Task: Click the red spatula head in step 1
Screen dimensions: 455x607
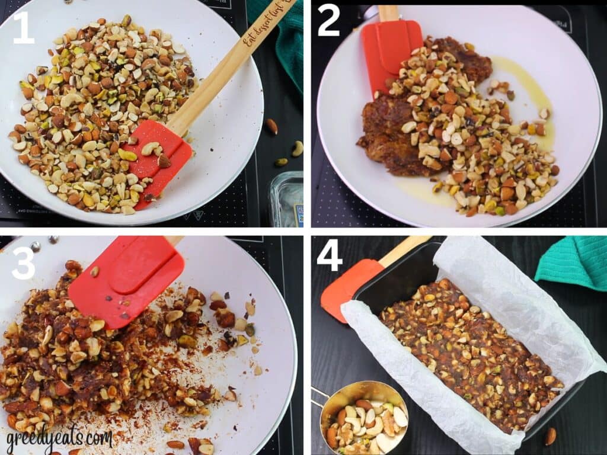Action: tap(159, 157)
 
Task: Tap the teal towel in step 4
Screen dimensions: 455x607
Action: tap(572, 262)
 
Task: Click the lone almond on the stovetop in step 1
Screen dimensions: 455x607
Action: tap(271, 126)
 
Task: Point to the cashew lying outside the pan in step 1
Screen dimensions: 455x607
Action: tap(297, 148)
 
